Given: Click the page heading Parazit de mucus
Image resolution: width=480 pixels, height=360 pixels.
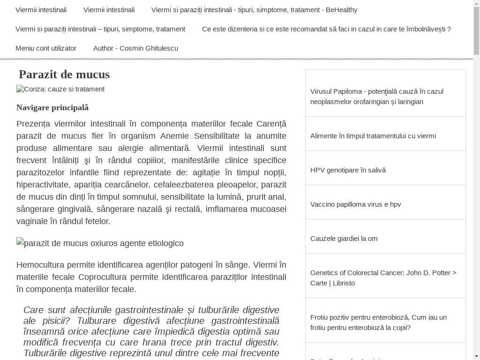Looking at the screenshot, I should point(64,75).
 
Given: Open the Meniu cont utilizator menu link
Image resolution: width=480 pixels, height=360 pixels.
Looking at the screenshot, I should point(46,48).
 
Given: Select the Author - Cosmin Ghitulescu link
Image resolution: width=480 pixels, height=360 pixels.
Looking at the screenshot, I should point(135,48).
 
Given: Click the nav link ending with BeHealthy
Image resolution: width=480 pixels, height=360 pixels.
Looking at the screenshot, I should point(254,10).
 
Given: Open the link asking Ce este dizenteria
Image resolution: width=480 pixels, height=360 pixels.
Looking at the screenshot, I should point(326,29).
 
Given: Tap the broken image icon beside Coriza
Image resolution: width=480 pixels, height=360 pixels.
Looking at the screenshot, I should point(20,89).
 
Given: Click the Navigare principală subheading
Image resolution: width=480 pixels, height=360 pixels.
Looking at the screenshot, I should point(52,108).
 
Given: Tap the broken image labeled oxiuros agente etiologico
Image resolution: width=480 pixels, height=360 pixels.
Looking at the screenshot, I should point(20,243).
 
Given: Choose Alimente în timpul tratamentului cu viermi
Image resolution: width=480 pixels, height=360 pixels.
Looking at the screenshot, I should point(373,136).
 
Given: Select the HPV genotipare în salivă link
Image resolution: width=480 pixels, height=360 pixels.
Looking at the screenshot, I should point(348,170).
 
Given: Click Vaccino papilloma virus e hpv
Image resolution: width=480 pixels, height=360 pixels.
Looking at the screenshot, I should point(355,204).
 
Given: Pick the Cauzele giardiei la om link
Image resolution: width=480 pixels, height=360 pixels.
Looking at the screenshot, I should point(344,239).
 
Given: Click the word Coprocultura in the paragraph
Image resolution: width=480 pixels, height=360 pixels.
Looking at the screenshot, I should point(102,277).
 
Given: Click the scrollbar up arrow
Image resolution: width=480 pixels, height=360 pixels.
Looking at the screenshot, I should point(476,4).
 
